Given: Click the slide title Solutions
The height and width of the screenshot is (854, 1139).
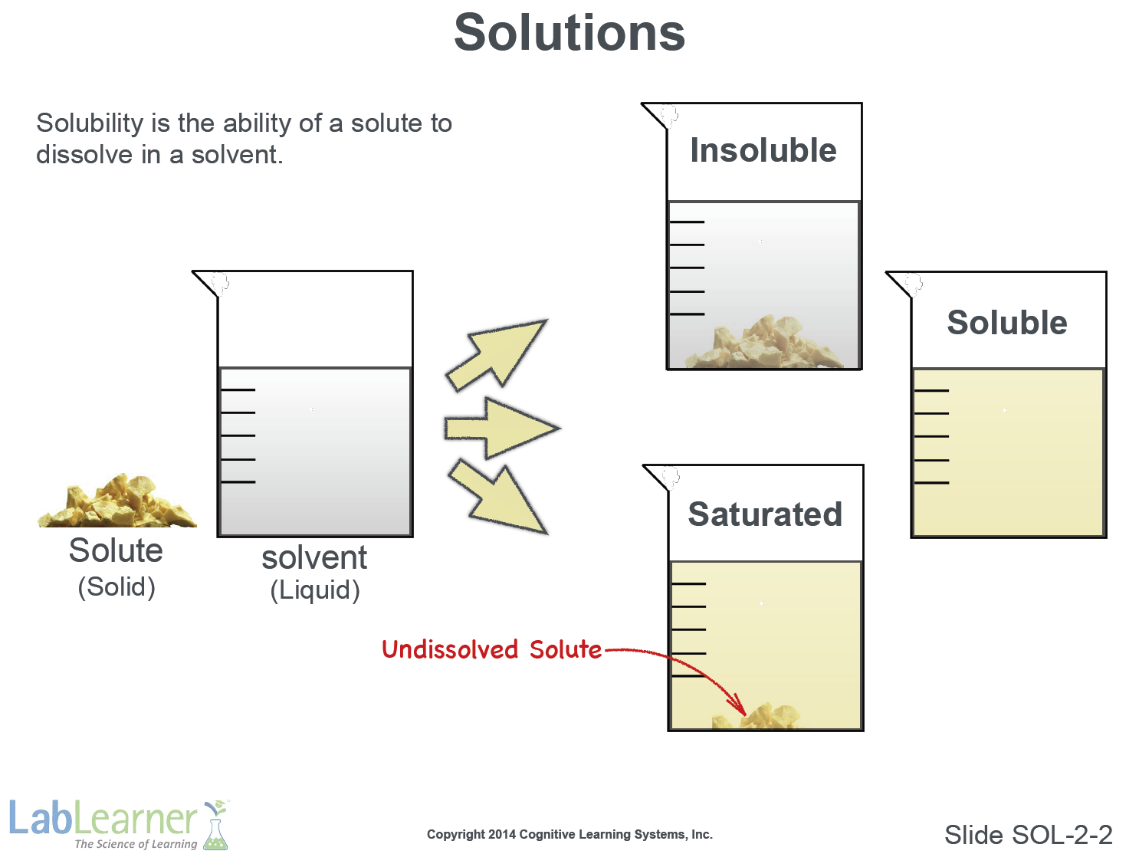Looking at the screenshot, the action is [569, 33].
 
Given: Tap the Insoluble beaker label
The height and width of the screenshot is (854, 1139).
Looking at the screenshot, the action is [763, 150].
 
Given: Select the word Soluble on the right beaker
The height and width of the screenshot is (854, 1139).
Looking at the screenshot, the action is [1006, 322].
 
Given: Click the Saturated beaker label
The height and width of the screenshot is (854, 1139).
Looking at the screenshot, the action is [765, 514].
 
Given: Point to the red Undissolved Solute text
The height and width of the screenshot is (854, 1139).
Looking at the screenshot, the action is [491, 649].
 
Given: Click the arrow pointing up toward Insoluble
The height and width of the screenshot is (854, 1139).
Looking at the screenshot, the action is [497, 356].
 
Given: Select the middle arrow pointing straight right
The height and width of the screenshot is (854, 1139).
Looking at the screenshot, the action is [502, 429].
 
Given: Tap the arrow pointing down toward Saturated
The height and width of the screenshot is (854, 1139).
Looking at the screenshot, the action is [498, 497].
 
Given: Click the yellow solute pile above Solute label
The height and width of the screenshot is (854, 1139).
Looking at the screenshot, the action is [117, 501].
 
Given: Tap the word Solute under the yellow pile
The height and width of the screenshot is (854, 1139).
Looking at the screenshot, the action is [116, 550].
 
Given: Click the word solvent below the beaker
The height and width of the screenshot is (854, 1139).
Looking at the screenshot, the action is [314, 558].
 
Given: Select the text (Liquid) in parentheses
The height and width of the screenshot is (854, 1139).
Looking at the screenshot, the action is [315, 590].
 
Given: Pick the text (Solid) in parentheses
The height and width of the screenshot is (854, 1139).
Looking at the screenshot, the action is [117, 586].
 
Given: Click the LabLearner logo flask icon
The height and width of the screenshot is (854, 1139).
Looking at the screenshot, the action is [216, 824].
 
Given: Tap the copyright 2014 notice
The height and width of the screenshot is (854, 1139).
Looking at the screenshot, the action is [569, 834].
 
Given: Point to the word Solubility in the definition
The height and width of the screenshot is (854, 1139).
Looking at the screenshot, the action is [90, 123].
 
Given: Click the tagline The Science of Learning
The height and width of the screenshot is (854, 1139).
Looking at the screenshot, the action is [136, 843].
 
